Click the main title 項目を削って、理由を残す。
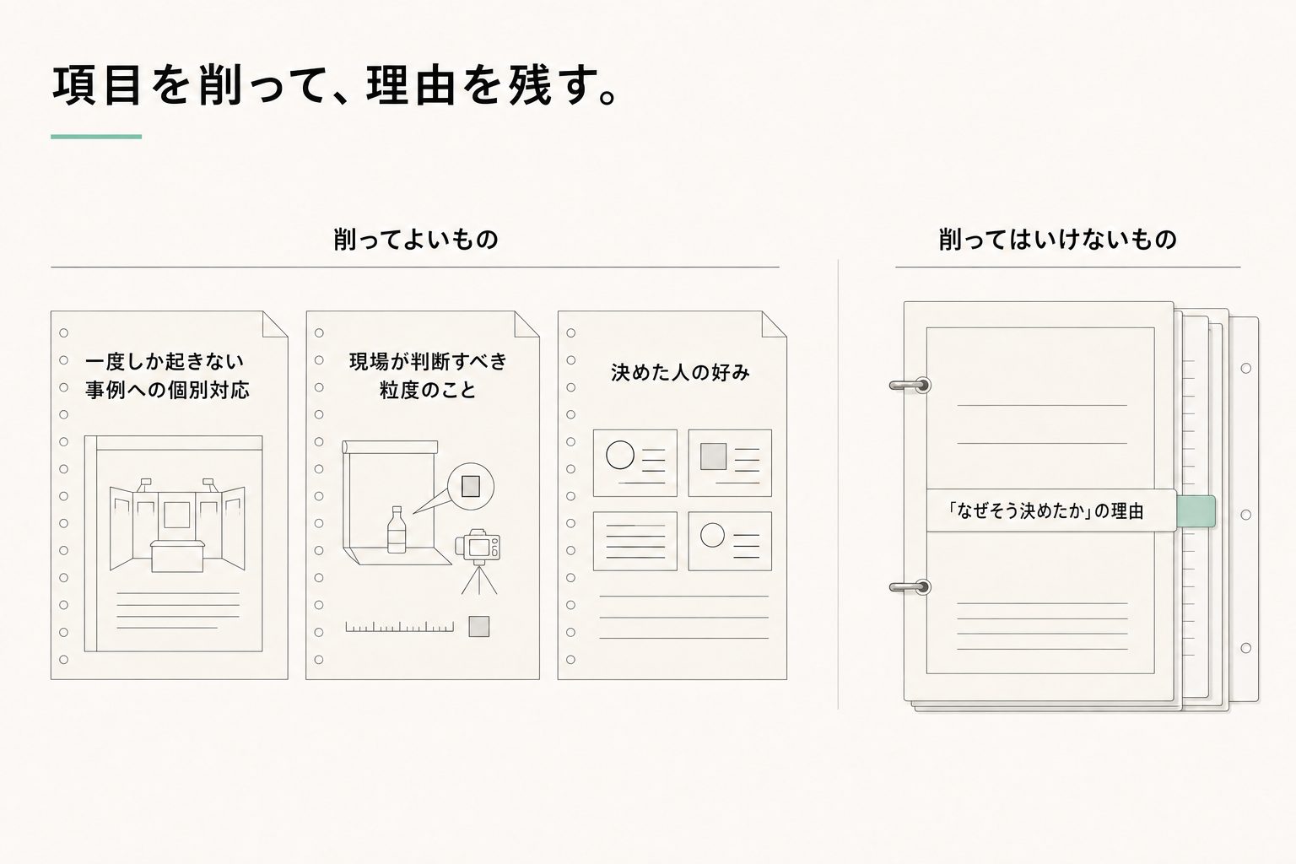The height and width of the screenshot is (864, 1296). tap(336, 86)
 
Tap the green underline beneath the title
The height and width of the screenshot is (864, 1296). tap(96, 137)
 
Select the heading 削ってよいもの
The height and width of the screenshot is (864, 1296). tap(415, 240)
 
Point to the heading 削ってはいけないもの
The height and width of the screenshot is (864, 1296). tap(1057, 240)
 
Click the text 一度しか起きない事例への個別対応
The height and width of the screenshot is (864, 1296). tap(167, 375)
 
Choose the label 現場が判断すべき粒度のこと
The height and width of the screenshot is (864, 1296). tap(428, 375)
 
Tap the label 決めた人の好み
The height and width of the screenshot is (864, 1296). tap(680, 373)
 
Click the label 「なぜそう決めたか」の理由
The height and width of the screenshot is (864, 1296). tap(1045, 511)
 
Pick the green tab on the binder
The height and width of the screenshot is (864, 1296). tap(1196, 511)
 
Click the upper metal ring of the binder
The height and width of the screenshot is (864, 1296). tap(910, 385)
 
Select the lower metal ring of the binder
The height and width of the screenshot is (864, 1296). tap(910, 587)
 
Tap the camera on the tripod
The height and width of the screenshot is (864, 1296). tap(478, 545)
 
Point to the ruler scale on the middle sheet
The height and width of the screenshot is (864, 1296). tap(400, 627)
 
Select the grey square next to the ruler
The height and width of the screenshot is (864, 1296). tap(479, 626)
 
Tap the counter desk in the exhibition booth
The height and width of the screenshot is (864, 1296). tap(177, 556)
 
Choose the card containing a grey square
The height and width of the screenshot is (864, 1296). tap(730, 463)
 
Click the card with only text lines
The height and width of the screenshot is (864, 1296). tap(635, 541)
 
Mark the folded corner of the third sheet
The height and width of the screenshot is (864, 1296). tap(774, 324)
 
